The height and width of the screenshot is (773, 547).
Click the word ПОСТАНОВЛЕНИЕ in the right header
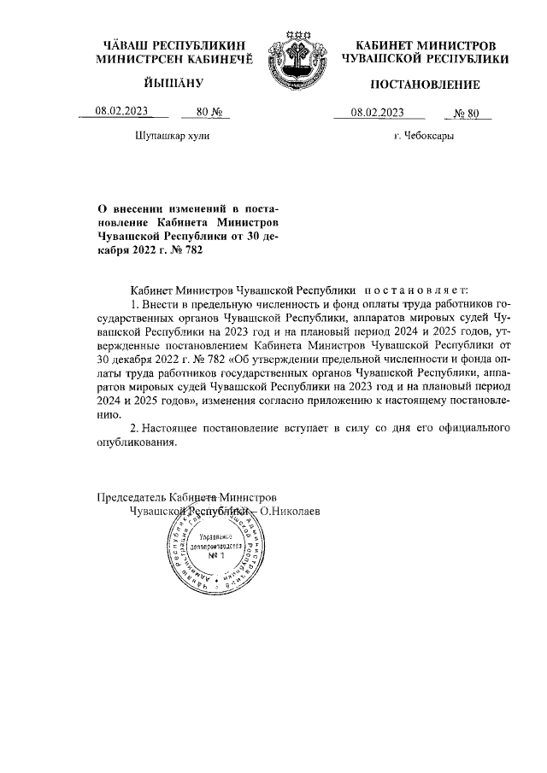(x=425, y=84)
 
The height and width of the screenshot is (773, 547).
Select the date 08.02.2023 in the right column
(x=377, y=112)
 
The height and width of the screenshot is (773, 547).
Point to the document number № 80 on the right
(x=470, y=112)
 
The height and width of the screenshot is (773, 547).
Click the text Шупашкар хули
(x=172, y=136)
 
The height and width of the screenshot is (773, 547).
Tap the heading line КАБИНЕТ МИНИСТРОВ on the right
(x=425, y=44)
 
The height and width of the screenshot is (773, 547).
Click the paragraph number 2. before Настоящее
(x=132, y=427)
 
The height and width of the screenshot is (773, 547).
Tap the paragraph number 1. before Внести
(x=132, y=305)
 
